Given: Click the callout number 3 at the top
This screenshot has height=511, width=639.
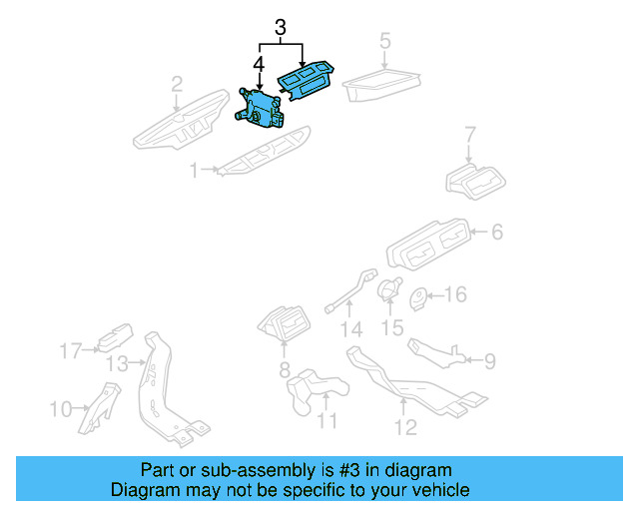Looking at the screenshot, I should (x=281, y=29).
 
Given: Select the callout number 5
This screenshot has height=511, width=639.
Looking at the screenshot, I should (x=385, y=42).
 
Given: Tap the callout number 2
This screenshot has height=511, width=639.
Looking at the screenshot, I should (x=176, y=83).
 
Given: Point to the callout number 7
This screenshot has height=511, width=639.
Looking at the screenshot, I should (x=471, y=134).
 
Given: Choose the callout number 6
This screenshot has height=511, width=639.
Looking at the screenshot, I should (x=496, y=233).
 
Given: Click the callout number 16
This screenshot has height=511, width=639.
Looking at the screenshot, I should (x=454, y=294).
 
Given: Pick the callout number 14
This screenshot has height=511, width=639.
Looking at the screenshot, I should (x=349, y=330).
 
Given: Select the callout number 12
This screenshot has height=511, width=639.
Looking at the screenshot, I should (x=403, y=430).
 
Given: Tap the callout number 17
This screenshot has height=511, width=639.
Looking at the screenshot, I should (x=69, y=350).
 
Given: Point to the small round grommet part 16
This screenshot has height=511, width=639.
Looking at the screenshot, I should (x=420, y=295).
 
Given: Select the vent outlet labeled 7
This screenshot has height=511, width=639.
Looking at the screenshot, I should (x=475, y=181).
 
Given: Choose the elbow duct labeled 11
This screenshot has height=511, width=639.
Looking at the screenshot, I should (x=312, y=388).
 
